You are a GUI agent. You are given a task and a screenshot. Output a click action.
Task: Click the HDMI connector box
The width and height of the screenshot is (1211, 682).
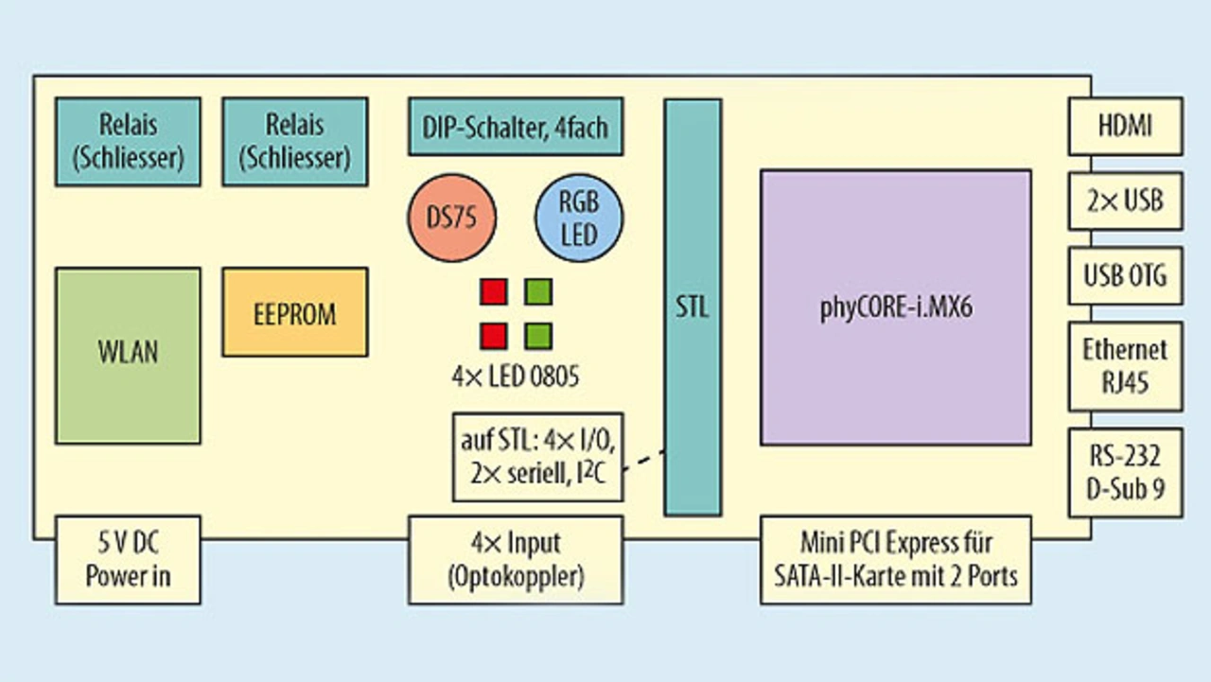1125,126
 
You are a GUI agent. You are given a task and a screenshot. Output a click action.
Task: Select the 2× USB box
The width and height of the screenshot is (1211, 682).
1125,201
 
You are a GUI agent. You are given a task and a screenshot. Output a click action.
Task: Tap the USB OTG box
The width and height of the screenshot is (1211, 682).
1125,276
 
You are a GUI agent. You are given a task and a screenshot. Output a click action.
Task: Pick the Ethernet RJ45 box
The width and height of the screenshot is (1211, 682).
1125,366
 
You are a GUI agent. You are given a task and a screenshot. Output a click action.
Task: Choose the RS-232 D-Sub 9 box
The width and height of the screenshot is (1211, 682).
1125,473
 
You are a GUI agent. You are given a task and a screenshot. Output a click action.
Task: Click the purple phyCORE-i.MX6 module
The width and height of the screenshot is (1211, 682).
895,307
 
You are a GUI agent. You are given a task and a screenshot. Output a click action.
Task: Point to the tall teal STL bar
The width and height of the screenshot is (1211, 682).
693,307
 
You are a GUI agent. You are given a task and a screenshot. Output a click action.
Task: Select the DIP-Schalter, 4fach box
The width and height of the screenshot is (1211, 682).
516,126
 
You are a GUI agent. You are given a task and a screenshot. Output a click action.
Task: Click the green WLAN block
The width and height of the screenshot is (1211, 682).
128,356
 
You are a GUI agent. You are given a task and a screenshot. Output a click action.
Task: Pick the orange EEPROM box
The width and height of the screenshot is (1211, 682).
294,312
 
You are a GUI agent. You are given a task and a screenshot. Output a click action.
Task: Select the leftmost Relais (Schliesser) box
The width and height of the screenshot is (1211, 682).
128,141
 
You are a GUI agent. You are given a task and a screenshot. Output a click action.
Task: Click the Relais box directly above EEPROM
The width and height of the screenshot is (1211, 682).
294,141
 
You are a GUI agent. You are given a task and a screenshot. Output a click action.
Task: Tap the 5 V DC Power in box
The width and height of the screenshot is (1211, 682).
128,560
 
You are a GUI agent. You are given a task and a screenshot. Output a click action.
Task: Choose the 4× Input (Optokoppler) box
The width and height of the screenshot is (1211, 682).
516,560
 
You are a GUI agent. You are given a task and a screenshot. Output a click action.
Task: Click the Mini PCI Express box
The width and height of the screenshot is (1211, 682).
895,560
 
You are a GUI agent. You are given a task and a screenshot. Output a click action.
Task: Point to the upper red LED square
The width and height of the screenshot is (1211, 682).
493,291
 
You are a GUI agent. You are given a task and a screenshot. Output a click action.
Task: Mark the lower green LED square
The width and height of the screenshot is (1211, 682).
538,336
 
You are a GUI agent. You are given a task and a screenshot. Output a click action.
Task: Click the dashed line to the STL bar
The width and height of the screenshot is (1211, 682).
644,461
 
